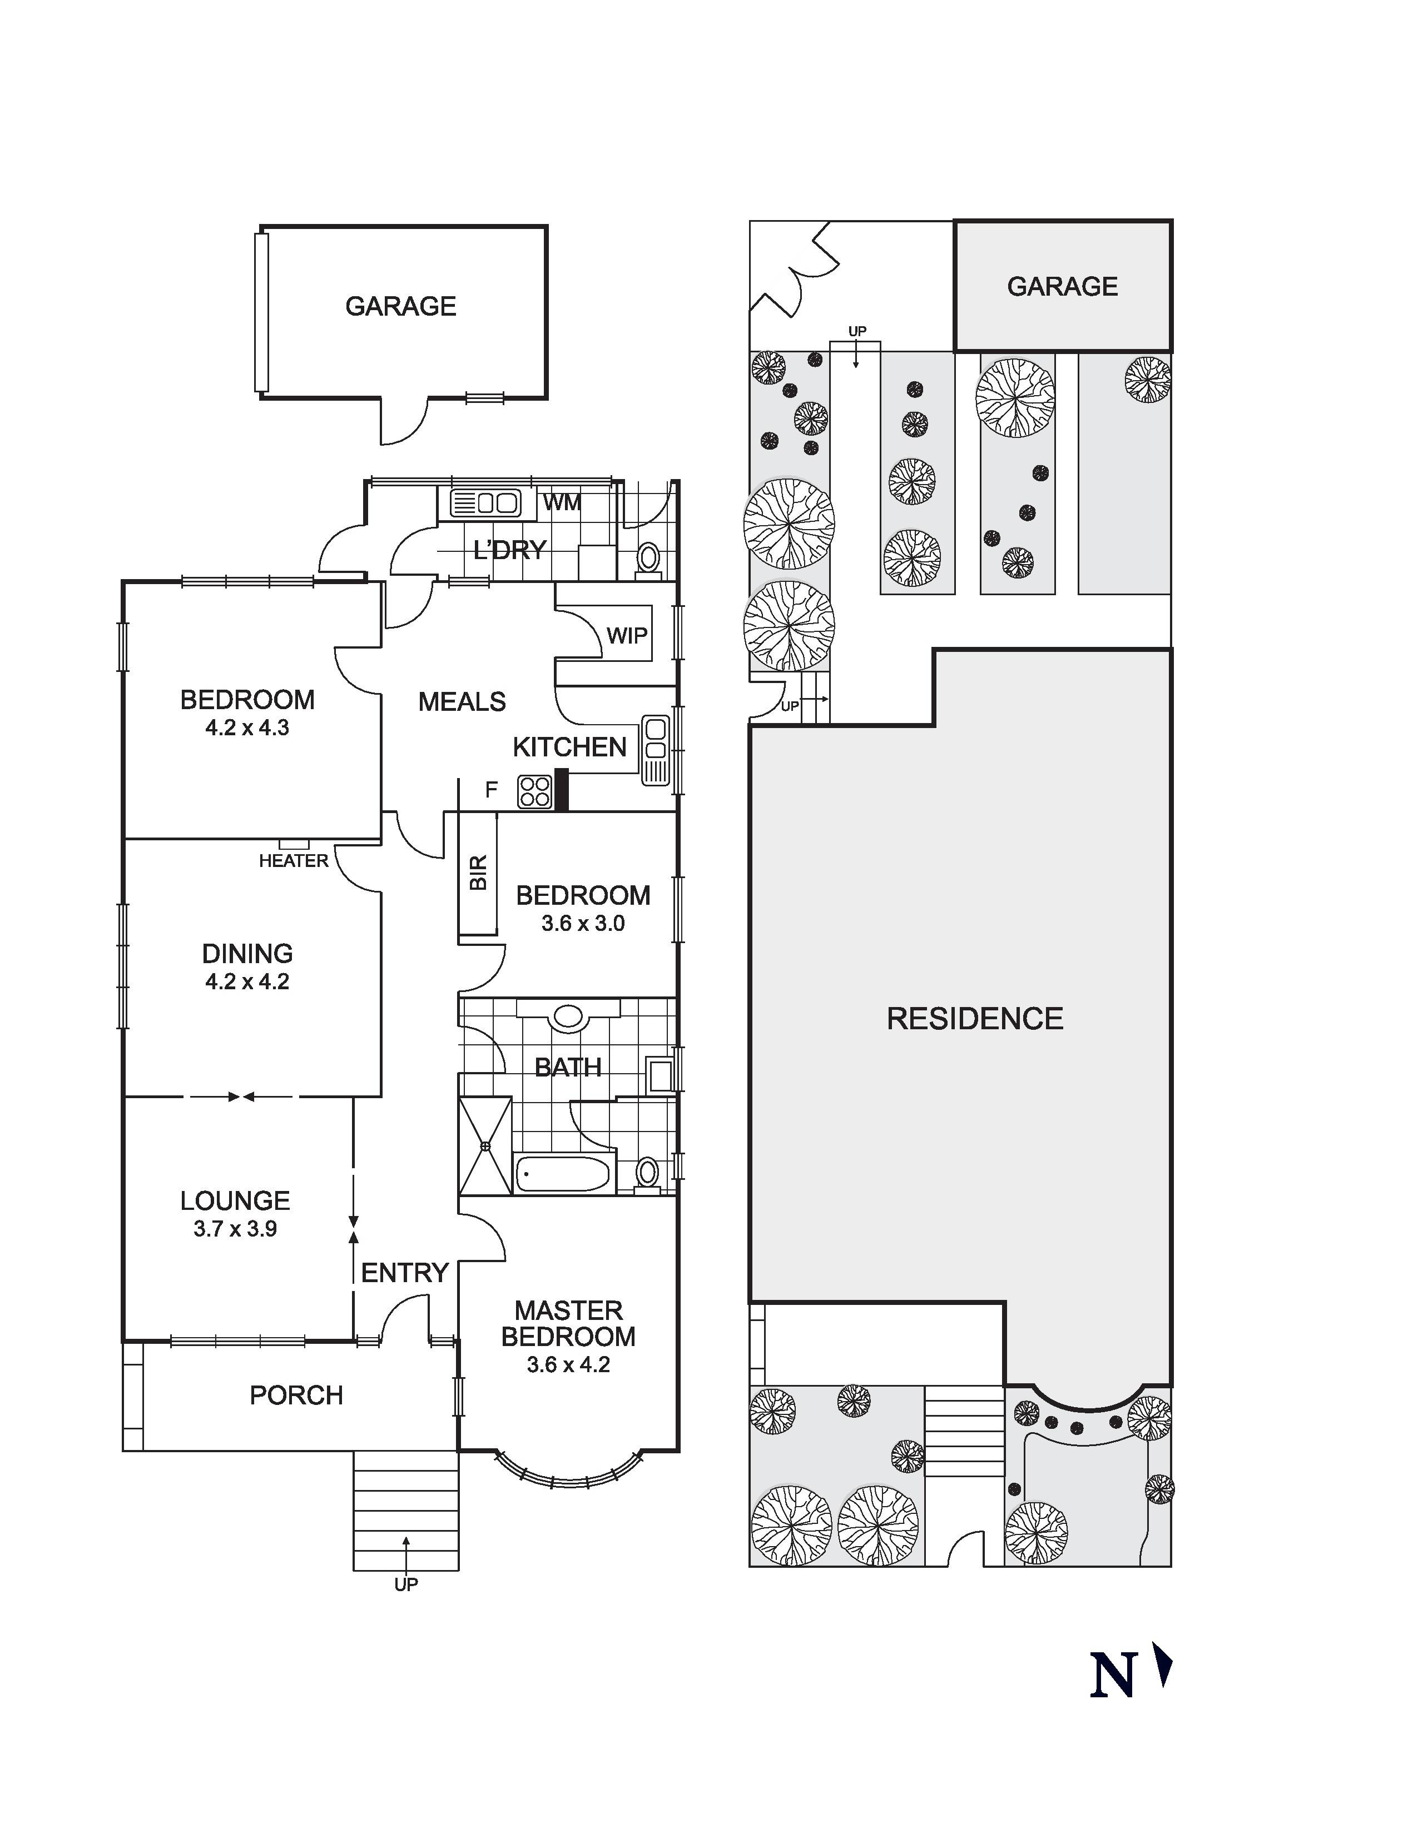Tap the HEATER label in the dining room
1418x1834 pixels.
pyautogui.click(x=293, y=861)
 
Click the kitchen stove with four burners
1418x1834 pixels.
pyautogui.click(x=534, y=790)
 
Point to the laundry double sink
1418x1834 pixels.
pyautogui.click(x=485, y=503)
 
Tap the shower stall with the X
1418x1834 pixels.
pyautogui.click(x=485, y=1145)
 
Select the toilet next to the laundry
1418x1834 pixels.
pyautogui.click(x=648, y=557)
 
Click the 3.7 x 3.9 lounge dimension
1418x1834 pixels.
pyautogui.click(x=235, y=1229)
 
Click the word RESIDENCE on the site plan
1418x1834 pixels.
pyautogui.click(x=974, y=1019)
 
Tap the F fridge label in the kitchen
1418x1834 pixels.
pyautogui.click(x=492, y=789)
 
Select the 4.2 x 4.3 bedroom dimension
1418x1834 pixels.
pyautogui.click(x=247, y=727)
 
